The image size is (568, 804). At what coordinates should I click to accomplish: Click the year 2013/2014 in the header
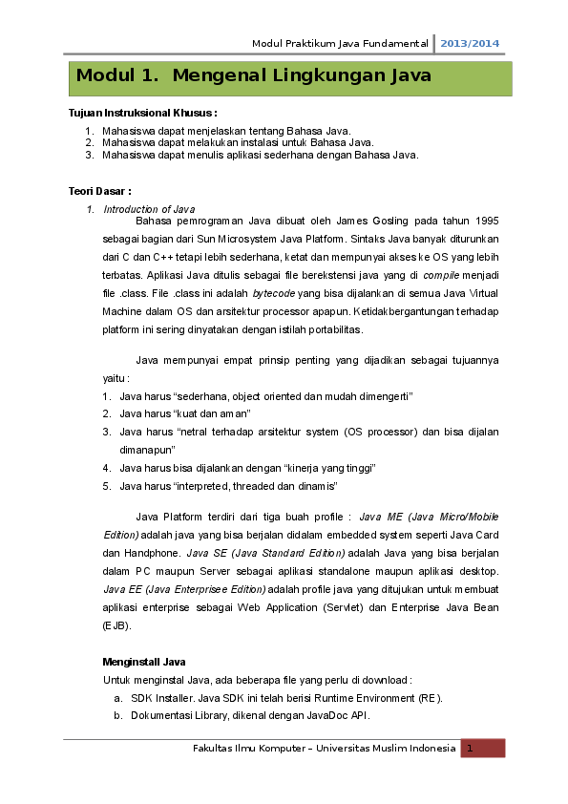(470, 44)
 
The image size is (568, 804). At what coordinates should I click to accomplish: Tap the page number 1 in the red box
(471, 749)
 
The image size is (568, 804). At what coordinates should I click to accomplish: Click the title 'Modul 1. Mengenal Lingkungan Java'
(254, 75)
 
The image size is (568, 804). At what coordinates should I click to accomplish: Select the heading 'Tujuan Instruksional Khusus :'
(143, 113)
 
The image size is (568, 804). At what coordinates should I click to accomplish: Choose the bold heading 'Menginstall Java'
(143, 662)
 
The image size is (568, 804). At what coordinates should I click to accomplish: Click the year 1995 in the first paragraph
(485, 221)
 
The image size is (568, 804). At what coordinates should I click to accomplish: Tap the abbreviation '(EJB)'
(116, 625)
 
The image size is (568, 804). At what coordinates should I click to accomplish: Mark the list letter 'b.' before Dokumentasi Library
(117, 715)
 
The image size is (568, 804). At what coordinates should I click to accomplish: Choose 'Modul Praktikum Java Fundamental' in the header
(340, 44)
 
